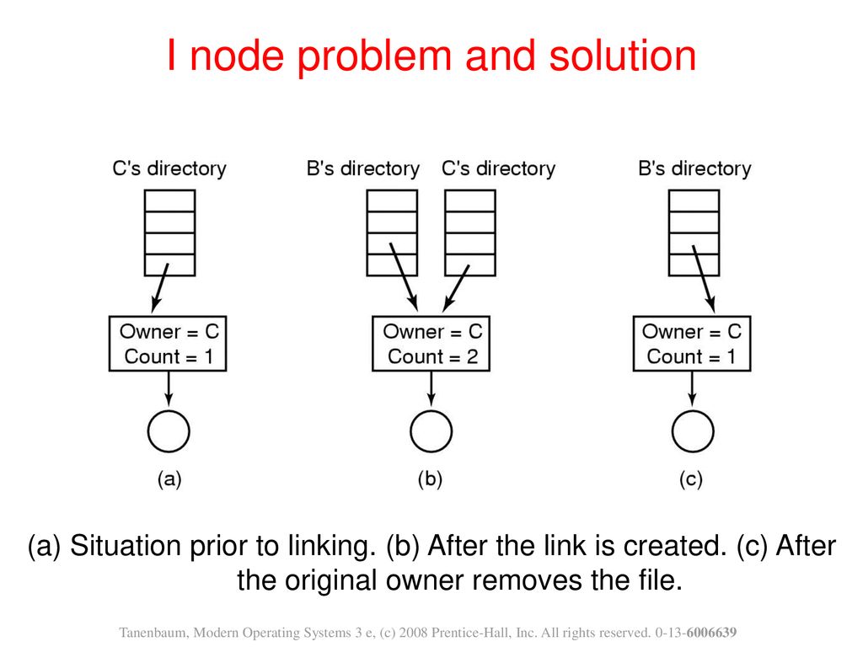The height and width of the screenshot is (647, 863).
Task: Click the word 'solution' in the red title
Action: click(x=623, y=56)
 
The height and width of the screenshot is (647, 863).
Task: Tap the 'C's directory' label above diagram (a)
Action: click(x=169, y=168)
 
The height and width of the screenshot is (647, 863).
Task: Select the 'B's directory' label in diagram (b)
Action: click(x=363, y=168)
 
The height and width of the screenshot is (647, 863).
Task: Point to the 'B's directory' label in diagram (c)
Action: click(x=694, y=168)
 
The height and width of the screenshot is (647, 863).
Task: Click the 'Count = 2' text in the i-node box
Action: click(x=432, y=356)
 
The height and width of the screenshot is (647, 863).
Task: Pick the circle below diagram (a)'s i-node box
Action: click(x=169, y=431)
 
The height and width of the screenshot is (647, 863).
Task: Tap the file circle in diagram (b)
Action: click(x=431, y=431)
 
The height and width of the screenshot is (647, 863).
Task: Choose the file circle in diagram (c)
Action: click(x=693, y=431)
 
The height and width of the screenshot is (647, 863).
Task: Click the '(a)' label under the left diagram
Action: click(x=169, y=479)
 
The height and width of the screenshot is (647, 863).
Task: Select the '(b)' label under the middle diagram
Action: click(x=431, y=479)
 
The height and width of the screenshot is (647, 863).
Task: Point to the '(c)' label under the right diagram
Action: click(x=691, y=479)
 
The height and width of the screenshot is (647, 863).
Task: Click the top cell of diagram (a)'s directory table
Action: click(x=169, y=201)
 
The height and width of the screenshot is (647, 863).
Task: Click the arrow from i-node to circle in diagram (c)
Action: click(x=693, y=391)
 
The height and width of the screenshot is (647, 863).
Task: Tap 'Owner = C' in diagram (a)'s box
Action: click(x=169, y=332)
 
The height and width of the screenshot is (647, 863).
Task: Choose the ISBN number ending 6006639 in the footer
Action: click(x=695, y=634)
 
